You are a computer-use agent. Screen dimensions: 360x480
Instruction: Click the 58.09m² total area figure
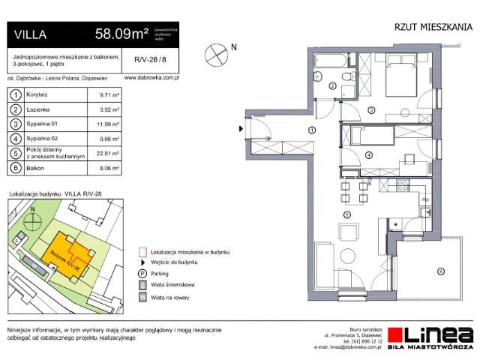click(x=121, y=34)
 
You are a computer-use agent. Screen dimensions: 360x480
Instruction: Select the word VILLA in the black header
click(x=28, y=34)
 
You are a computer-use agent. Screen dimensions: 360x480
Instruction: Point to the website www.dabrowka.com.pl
click(x=151, y=77)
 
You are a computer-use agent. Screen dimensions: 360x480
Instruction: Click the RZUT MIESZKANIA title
click(x=433, y=27)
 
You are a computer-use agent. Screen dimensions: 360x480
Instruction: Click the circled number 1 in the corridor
click(x=310, y=130)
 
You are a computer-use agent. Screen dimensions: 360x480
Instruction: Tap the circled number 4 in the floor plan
click(x=368, y=154)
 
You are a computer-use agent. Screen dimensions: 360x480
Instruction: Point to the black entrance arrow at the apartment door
click(x=240, y=129)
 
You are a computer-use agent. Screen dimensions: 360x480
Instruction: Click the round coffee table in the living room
click(x=346, y=255)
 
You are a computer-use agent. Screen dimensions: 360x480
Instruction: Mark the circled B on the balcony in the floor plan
click(x=441, y=270)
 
